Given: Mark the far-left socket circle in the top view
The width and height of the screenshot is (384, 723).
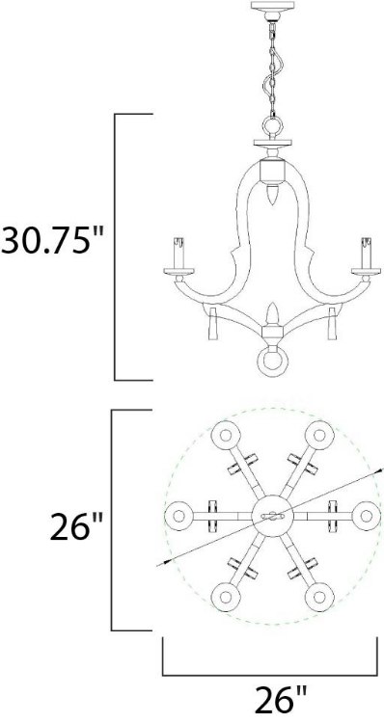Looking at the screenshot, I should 177,514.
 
